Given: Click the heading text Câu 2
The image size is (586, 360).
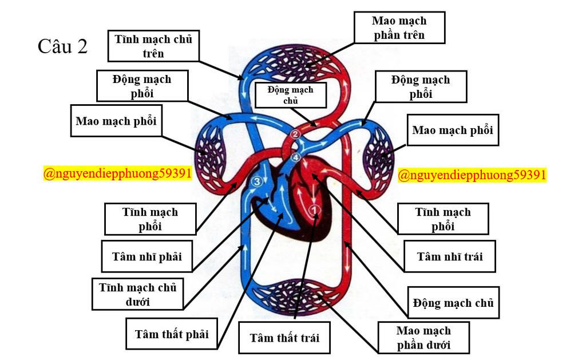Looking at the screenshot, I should [x=62, y=46].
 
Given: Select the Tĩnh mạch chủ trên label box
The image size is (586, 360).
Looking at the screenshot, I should [x=153, y=46].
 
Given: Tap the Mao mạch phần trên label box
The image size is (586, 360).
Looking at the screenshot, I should [x=399, y=27].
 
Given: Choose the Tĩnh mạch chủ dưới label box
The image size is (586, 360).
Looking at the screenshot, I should [x=137, y=294].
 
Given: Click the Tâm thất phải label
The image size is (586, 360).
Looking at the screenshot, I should [x=172, y=334].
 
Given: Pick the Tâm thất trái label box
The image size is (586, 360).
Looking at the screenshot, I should [x=284, y=337].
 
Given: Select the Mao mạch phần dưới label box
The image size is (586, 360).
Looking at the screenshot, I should [x=423, y=338].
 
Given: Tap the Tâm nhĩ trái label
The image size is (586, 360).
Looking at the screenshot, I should [x=449, y=256].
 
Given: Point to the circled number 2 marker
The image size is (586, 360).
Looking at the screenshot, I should [x=295, y=134].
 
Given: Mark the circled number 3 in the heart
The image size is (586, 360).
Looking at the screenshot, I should [x=256, y=182].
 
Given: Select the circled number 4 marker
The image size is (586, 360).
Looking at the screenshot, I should [x=295, y=157].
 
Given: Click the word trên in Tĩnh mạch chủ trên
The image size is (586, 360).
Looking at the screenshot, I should [x=153, y=54].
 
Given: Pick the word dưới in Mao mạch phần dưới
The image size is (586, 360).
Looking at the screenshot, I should [x=439, y=345].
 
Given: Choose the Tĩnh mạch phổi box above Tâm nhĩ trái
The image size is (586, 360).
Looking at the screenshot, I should [x=443, y=219].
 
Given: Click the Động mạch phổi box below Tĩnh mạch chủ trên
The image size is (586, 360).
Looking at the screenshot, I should [x=142, y=86].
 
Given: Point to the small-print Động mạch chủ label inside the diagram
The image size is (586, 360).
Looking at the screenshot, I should [x=291, y=94].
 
